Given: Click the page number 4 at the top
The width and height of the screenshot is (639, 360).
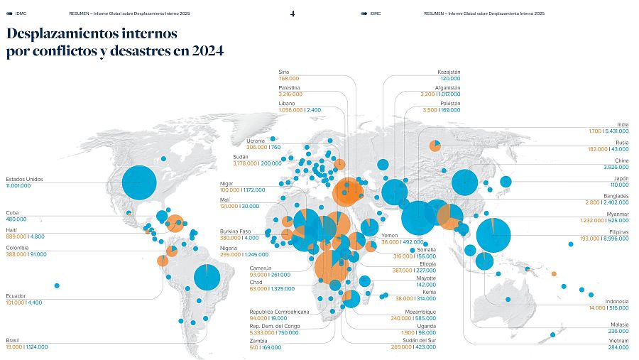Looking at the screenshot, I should click(x=293, y=13).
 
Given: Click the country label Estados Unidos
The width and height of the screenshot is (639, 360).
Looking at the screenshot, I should click(x=24, y=179).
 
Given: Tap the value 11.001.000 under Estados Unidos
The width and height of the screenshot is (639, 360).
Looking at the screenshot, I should click(x=21, y=185).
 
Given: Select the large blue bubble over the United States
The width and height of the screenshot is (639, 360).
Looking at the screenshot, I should click(x=139, y=182).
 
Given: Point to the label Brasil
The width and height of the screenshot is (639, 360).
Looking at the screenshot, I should click(x=13, y=340).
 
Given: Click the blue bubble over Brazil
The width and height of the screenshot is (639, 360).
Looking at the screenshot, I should click(x=207, y=276).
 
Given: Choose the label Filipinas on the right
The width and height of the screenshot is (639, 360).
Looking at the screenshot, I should click(x=618, y=231).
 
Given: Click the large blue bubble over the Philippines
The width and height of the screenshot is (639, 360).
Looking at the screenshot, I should click(x=494, y=235).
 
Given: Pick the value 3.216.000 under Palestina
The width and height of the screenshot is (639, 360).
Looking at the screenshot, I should click(x=290, y=94).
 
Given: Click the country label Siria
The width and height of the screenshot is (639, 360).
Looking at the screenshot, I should click(x=284, y=72).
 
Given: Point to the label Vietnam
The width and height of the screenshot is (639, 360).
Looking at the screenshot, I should click(x=618, y=341).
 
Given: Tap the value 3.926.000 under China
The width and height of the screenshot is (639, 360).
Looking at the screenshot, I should click(x=614, y=167).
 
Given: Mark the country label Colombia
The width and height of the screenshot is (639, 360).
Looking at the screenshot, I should click(x=18, y=248).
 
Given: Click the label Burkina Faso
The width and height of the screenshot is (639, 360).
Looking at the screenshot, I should click(x=236, y=231).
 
